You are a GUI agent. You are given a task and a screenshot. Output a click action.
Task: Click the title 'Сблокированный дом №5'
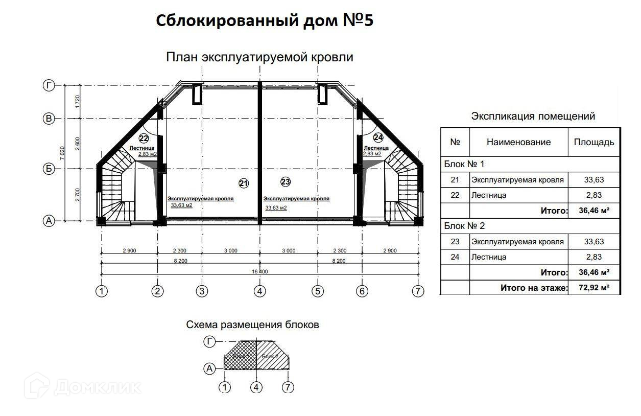coord(265,21)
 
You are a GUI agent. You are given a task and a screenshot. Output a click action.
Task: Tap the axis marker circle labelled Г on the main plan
coord(49,86)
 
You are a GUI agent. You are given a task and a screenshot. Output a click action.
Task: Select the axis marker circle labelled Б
coord(49,169)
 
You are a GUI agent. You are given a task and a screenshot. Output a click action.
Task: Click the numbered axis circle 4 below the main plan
coord(260,291)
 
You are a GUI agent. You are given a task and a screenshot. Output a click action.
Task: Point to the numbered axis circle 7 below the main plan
coord(418,291)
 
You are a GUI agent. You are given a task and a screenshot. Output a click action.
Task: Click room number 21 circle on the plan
coord(244,183)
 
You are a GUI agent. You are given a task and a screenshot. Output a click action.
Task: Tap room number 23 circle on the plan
coord(285,181)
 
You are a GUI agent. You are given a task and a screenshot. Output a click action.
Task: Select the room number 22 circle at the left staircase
coord(144,138)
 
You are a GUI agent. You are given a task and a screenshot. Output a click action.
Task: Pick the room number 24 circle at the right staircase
coord(378,137)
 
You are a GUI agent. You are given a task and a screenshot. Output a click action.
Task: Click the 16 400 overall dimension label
coord(259,271)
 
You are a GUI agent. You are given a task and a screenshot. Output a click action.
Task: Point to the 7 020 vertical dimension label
coord(62,154)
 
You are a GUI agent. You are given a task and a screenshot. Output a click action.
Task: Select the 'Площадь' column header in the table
coord(594,142)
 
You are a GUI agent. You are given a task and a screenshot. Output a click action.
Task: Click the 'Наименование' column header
coord(518,142)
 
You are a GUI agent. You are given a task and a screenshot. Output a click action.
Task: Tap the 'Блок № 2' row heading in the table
coord(464,225)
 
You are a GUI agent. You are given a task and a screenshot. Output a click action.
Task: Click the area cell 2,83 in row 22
coord(594,195)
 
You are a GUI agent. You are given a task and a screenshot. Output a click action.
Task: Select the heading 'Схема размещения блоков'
coord(252,325)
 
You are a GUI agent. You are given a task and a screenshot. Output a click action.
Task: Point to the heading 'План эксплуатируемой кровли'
coord(259,57)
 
